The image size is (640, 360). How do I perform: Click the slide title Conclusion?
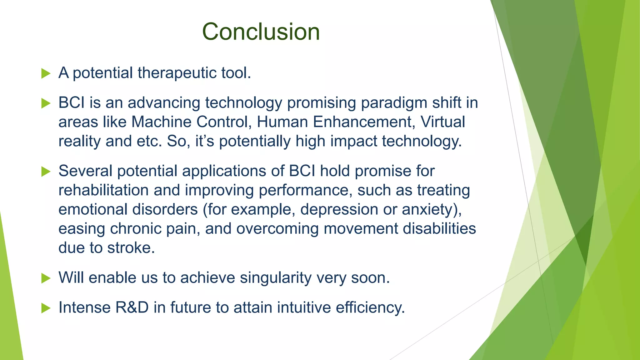click(x=261, y=32)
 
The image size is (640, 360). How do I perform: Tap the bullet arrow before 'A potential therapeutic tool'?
click(x=46, y=74)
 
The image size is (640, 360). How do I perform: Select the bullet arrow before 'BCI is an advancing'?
click(x=46, y=103)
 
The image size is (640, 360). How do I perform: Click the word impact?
click(x=354, y=141)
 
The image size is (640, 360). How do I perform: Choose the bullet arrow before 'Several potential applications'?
click(x=46, y=172)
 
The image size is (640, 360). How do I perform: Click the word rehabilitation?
click(x=103, y=190)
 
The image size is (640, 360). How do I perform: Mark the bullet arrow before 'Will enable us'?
click(x=46, y=278)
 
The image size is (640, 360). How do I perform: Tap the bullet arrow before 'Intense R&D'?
click(x=46, y=308)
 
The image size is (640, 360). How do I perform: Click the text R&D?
click(x=132, y=307)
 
